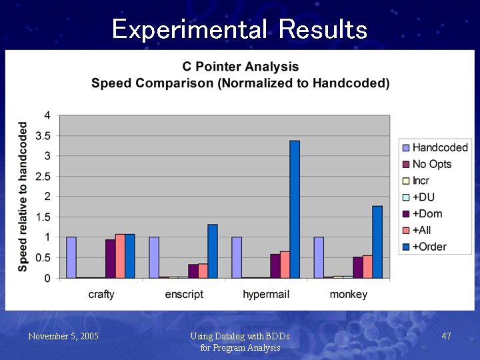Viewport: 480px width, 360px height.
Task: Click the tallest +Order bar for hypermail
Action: (295, 209)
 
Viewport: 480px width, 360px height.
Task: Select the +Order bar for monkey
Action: (377, 242)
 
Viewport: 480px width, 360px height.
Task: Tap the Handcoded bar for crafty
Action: (71, 257)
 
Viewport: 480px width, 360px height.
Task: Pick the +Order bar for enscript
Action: (212, 251)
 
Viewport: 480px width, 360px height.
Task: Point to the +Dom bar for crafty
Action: (110, 259)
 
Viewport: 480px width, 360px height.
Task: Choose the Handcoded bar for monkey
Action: (319, 257)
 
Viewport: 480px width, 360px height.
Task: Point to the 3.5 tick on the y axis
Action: (42, 136)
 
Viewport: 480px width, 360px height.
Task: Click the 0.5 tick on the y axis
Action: (42, 258)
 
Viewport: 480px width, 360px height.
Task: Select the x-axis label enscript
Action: (183, 294)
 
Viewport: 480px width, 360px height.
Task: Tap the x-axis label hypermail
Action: (266, 294)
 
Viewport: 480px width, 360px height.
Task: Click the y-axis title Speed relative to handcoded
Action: (23, 196)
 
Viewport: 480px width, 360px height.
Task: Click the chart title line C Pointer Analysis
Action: (241, 67)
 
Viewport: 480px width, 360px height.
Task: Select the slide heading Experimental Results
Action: (239, 29)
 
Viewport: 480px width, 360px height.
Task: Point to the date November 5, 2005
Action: (63, 336)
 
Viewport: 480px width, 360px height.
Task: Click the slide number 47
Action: (446, 336)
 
